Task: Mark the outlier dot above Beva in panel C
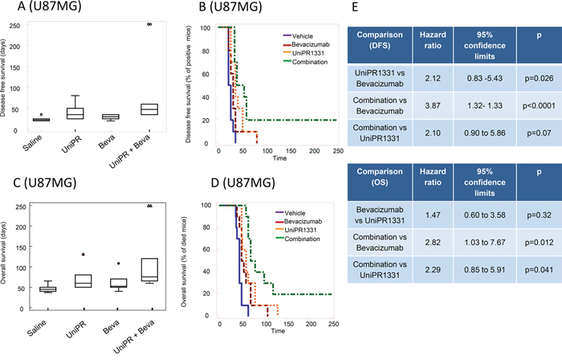[x=119, y=262]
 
